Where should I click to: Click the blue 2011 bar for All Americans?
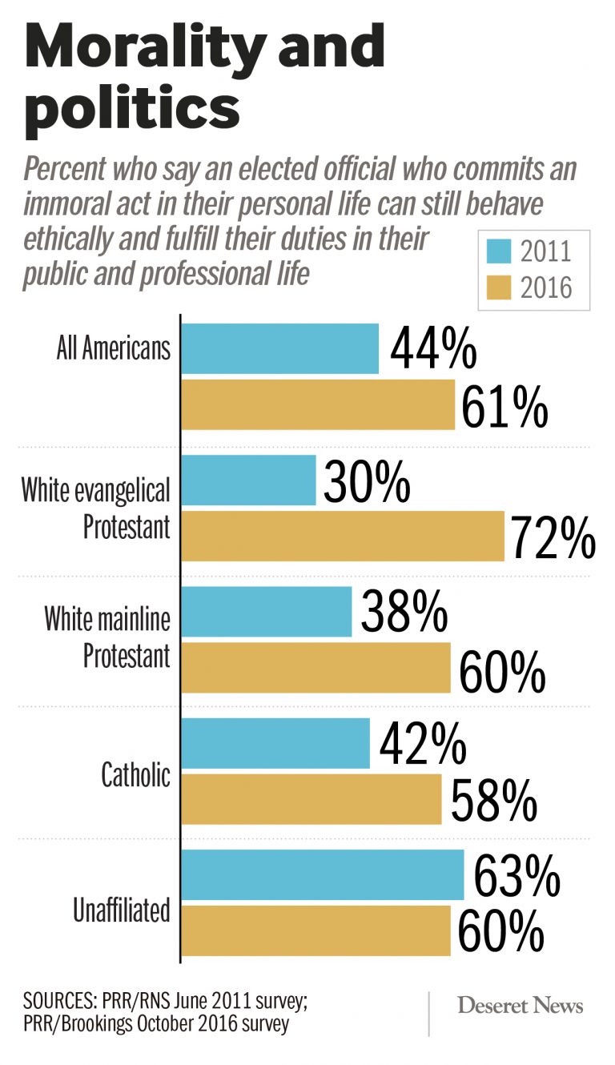click(x=280, y=348)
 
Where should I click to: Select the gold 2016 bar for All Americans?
click(x=318, y=405)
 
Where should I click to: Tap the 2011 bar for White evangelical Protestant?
click(x=249, y=480)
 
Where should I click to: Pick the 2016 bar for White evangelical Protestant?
click(x=343, y=537)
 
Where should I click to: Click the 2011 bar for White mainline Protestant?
click(x=267, y=612)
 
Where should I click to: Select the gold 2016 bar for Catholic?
click(x=312, y=798)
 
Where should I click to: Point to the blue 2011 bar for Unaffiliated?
click(x=323, y=874)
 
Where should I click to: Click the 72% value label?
click(x=553, y=537)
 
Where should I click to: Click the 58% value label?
click(x=492, y=800)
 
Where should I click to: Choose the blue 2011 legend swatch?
click(x=499, y=251)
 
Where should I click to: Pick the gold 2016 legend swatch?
click(x=499, y=287)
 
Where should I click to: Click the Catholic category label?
click(x=135, y=775)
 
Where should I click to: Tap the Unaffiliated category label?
click(x=122, y=910)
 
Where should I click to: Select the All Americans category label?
click(x=114, y=349)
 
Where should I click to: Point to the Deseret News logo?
click(x=521, y=1006)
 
